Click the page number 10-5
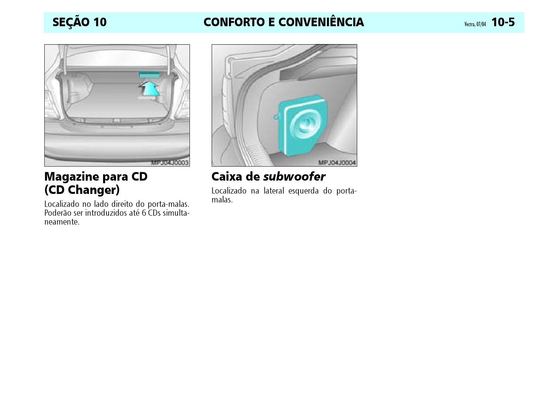(x=503, y=22)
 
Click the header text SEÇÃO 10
(x=79, y=22)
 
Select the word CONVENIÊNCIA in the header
(x=321, y=22)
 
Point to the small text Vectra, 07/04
(x=475, y=24)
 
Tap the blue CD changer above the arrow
(x=149, y=75)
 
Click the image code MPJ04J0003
(x=170, y=163)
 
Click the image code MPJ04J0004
(x=337, y=163)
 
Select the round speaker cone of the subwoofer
(x=305, y=126)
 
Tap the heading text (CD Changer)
(x=82, y=190)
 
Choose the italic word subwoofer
(x=294, y=177)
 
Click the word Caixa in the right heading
(x=227, y=177)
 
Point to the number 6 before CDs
(x=144, y=213)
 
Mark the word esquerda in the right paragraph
(x=303, y=191)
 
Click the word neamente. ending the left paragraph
(x=62, y=222)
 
